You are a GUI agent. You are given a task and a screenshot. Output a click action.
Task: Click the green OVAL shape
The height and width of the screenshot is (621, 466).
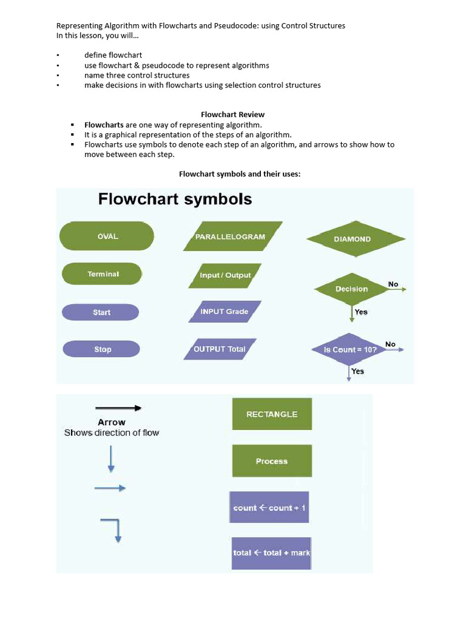107,236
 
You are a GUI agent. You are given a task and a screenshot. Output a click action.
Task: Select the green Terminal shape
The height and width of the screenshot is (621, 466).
102,274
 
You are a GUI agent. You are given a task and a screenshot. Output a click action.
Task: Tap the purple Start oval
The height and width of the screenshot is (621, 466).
101,312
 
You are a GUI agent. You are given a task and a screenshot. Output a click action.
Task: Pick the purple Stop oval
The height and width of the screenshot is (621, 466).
101,349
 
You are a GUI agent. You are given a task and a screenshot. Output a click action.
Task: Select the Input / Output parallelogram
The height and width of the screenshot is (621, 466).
225,275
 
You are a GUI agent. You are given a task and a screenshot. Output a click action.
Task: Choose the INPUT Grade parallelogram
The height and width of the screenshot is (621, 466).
225,312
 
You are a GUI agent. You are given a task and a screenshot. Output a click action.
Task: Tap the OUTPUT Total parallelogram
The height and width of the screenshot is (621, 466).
220,349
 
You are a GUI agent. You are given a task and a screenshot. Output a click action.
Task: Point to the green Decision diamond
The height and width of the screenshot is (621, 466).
351,289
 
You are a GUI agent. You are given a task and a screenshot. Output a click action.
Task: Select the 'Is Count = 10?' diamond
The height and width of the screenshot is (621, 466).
350,350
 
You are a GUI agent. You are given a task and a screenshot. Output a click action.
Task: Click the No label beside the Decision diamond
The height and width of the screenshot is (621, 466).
393,284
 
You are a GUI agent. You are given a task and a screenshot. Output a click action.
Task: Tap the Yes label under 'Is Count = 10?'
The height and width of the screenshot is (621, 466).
358,371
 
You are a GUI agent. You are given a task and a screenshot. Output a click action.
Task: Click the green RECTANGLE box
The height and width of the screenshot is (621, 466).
272,414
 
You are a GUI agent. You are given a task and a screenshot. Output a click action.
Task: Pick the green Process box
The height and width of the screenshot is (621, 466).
272,461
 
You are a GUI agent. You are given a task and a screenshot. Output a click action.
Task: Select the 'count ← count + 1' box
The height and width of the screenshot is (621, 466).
269,508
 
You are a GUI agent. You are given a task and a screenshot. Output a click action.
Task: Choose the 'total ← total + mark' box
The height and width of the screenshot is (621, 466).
271,553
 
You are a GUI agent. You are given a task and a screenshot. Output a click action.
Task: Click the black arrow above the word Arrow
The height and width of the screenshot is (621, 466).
118,408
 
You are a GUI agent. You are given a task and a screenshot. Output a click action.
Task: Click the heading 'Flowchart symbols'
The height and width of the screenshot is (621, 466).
175,199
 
